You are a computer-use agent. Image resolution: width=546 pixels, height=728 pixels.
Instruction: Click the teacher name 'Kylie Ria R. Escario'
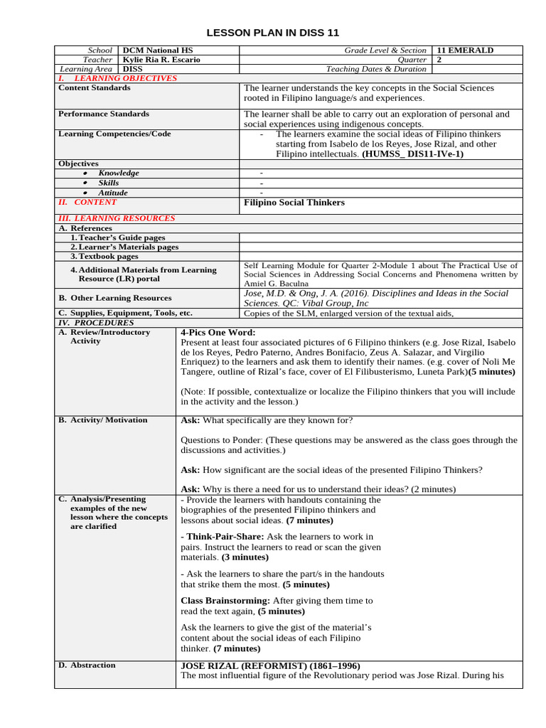161,60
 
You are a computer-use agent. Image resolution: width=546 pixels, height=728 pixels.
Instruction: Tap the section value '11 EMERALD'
465,50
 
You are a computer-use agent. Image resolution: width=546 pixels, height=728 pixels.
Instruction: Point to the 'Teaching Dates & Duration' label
376,69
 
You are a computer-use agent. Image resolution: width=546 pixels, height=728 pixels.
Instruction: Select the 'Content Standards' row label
94,87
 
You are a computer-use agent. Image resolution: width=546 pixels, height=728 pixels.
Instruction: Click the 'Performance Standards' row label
103,114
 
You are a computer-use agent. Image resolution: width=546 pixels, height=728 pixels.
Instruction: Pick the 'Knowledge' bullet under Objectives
118,173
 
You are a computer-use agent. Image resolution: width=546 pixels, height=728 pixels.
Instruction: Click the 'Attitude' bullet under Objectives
114,193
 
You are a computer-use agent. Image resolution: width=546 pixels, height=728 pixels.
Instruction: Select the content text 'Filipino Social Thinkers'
294,203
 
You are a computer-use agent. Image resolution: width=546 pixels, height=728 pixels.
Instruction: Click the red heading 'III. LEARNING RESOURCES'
117,218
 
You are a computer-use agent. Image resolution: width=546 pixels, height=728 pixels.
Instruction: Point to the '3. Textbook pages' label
104,256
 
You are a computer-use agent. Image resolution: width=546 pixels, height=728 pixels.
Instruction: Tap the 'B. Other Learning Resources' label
114,298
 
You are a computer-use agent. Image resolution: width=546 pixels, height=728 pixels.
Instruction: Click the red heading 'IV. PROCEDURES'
97,322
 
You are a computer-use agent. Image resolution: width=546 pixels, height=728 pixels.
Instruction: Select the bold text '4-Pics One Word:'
218,333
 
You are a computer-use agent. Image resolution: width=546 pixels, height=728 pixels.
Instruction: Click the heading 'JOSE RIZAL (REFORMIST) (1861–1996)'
270,665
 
